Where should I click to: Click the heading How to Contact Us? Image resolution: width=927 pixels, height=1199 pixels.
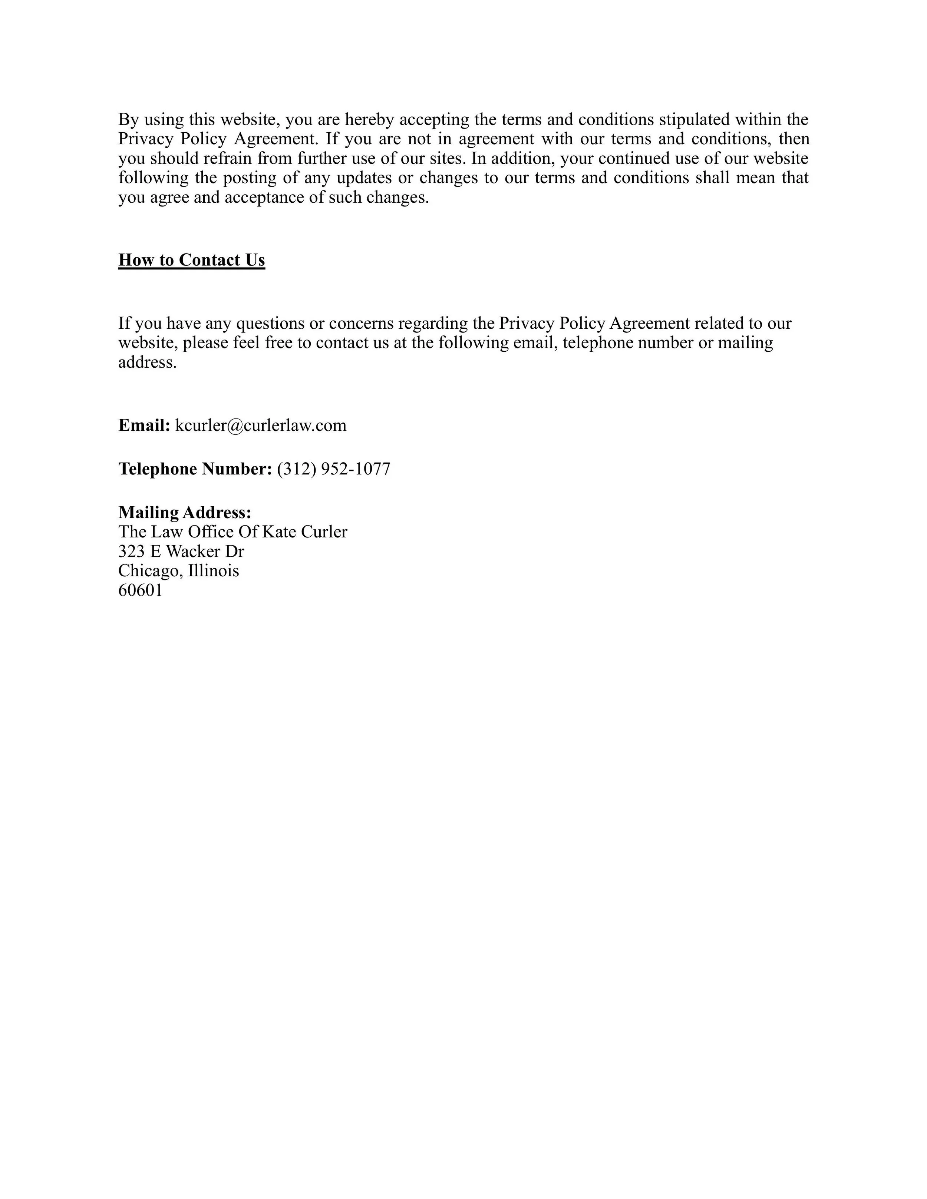pos(192,260)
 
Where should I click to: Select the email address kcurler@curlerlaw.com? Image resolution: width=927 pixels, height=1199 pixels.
pos(261,425)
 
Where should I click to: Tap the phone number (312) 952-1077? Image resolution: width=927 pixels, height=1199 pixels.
pos(333,469)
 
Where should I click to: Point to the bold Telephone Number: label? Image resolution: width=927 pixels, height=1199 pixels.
pos(195,469)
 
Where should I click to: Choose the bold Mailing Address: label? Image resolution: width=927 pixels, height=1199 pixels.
pos(185,512)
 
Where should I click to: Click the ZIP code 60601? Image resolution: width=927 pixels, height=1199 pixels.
pos(141,591)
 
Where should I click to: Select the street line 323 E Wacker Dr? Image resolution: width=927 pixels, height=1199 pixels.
pos(181,551)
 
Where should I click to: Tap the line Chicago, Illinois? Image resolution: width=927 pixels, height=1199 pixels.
pos(178,571)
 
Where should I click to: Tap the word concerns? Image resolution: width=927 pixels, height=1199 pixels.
pos(362,323)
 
